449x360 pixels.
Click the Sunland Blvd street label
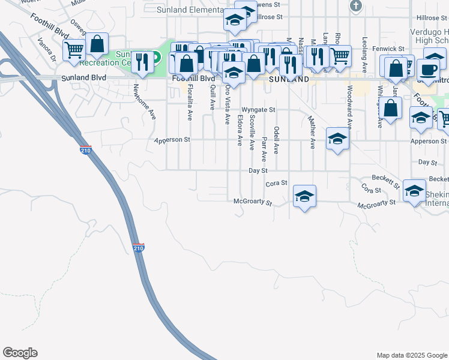click(x=84, y=78)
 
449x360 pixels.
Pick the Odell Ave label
click(x=276, y=137)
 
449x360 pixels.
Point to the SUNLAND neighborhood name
click(x=280, y=79)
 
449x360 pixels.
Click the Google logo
click(x=20, y=353)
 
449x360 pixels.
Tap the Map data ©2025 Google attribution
click(x=411, y=355)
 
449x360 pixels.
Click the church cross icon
click(x=356, y=7)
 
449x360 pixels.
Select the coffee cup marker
click(x=428, y=69)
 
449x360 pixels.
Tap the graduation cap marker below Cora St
click(x=304, y=196)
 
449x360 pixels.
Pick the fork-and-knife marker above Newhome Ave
click(x=143, y=62)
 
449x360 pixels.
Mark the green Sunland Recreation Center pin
click(x=155, y=58)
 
